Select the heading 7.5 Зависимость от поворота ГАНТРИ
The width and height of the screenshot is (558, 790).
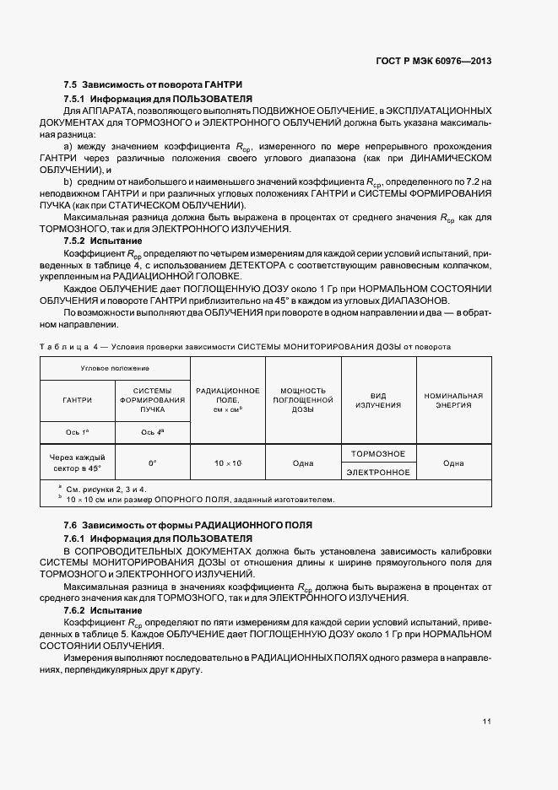pyautogui.click(x=153, y=85)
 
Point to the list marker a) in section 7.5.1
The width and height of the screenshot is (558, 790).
pyautogui.click(x=68, y=146)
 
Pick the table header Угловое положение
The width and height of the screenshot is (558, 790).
pyautogui.click(x=115, y=369)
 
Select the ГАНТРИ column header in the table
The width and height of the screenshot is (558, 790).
pyautogui.click(x=78, y=400)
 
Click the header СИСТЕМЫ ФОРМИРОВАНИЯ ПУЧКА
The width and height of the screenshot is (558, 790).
pyautogui.click(x=152, y=400)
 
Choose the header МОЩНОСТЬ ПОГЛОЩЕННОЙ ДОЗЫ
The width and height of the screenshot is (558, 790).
pyautogui.click(x=302, y=400)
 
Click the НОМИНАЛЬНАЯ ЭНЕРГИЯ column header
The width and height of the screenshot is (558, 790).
pyautogui.click(x=453, y=400)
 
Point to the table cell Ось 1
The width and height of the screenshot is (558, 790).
pyautogui.click(x=78, y=432)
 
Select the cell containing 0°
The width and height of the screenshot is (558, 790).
pyautogui.click(x=153, y=463)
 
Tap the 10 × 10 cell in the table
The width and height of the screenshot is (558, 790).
pyautogui.click(x=227, y=463)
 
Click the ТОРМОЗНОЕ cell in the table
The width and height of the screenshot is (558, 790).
pyautogui.click(x=378, y=454)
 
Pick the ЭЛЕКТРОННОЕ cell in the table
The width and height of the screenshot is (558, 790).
pyautogui.click(x=378, y=473)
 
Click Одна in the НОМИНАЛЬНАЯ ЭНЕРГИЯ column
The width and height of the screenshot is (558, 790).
pyautogui.click(x=453, y=463)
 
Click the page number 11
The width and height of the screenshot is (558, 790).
pyautogui.click(x=487, y=721)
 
